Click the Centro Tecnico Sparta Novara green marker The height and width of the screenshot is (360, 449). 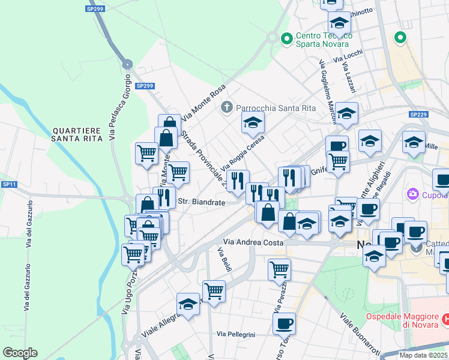point(286,38)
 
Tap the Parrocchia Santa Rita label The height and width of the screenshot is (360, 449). point(268,107)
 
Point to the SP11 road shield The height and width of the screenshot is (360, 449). point(8,184)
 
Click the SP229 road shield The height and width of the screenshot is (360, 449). point(418,115)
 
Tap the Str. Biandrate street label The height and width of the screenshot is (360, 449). point(201,203)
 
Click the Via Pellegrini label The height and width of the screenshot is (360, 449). point(236,334)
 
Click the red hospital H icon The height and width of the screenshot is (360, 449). point(445,320)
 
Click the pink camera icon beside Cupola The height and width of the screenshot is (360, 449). point(412,194)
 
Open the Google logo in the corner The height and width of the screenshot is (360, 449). point(20,353)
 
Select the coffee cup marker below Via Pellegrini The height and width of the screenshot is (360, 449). point(284,323)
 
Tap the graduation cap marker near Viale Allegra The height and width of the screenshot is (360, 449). point(188,304)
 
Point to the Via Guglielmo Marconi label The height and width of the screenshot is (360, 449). point(327,89)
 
